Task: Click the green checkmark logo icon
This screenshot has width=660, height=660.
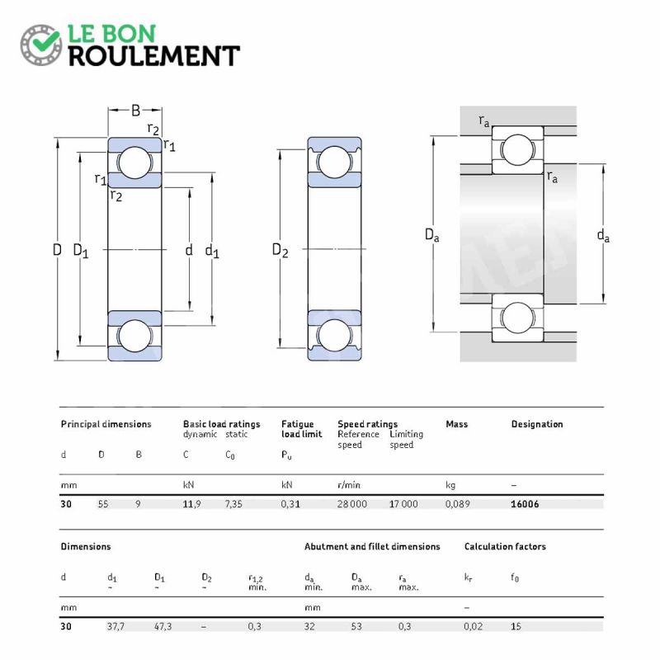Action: (x=41, y=45)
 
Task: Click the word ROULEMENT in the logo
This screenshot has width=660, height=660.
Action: (x=154, y=56)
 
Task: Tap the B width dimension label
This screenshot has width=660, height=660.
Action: (x=135, y=111)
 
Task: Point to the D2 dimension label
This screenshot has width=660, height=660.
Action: (x=280, y=251)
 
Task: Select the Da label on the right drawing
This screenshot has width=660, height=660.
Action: (x=431, y=235)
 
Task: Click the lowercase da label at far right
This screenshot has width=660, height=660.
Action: (x=603, y=236)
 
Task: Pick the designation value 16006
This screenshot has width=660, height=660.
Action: (x=525, y=504)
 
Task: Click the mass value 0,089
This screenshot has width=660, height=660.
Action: (x=458, y=504)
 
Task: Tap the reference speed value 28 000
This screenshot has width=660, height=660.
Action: (x=352, y=504)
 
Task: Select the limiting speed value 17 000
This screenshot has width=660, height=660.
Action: (x=403, y=504)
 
